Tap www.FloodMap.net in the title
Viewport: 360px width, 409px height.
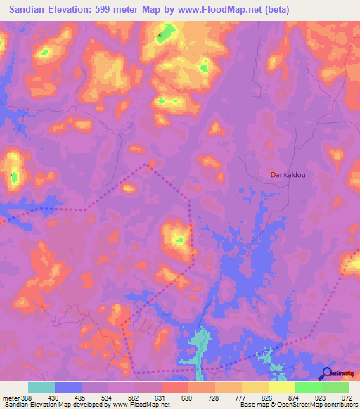point(220,10)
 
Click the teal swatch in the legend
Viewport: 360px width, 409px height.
point(41,387)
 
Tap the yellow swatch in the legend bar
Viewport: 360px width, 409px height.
point(281,387)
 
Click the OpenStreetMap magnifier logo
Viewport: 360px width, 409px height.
point(327,373)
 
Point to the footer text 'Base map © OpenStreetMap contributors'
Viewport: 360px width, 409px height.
point(298,405)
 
